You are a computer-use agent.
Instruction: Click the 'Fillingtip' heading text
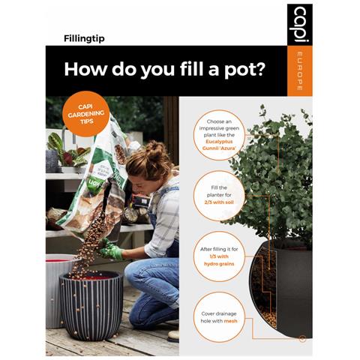[x=84, y=39]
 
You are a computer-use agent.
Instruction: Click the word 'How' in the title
[x=85, y=69]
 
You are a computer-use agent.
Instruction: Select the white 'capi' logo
[x=300, y=24]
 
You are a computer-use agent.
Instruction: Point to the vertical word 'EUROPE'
[x=300, y=71]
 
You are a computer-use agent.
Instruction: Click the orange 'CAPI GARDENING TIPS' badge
[x=86, y=114]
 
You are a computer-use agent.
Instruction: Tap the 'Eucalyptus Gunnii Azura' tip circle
[x=219, y=135]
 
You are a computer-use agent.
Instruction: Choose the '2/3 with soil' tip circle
[x=219, y=196]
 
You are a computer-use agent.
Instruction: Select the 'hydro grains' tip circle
[x=219, y=256]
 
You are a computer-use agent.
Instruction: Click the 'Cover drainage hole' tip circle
[x=219, y=317]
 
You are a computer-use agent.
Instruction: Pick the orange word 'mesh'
[x=230, y=321]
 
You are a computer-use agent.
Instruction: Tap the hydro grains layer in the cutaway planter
[x=268, y=316]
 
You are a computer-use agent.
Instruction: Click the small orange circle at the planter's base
[x=302, y=340]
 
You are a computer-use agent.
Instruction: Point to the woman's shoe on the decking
[x=173, y=335]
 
